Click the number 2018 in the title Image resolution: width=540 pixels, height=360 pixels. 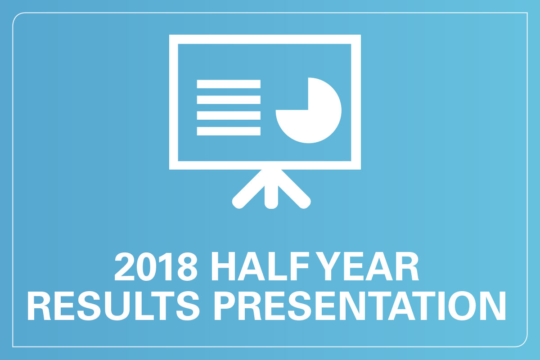(156, 266)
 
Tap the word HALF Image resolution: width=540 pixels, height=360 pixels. (260, 266)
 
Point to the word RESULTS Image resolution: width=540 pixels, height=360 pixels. (113, 306)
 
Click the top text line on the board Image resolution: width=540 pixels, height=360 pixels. (229, 84)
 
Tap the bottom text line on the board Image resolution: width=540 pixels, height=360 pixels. (229, 131)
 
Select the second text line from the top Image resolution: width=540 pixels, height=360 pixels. (229, 99)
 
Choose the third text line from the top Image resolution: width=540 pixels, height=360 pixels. (229, 115)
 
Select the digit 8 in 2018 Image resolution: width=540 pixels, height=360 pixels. (187, 266)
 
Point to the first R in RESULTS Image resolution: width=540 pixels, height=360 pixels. (40, 306)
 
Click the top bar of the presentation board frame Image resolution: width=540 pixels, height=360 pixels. (265, 39)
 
